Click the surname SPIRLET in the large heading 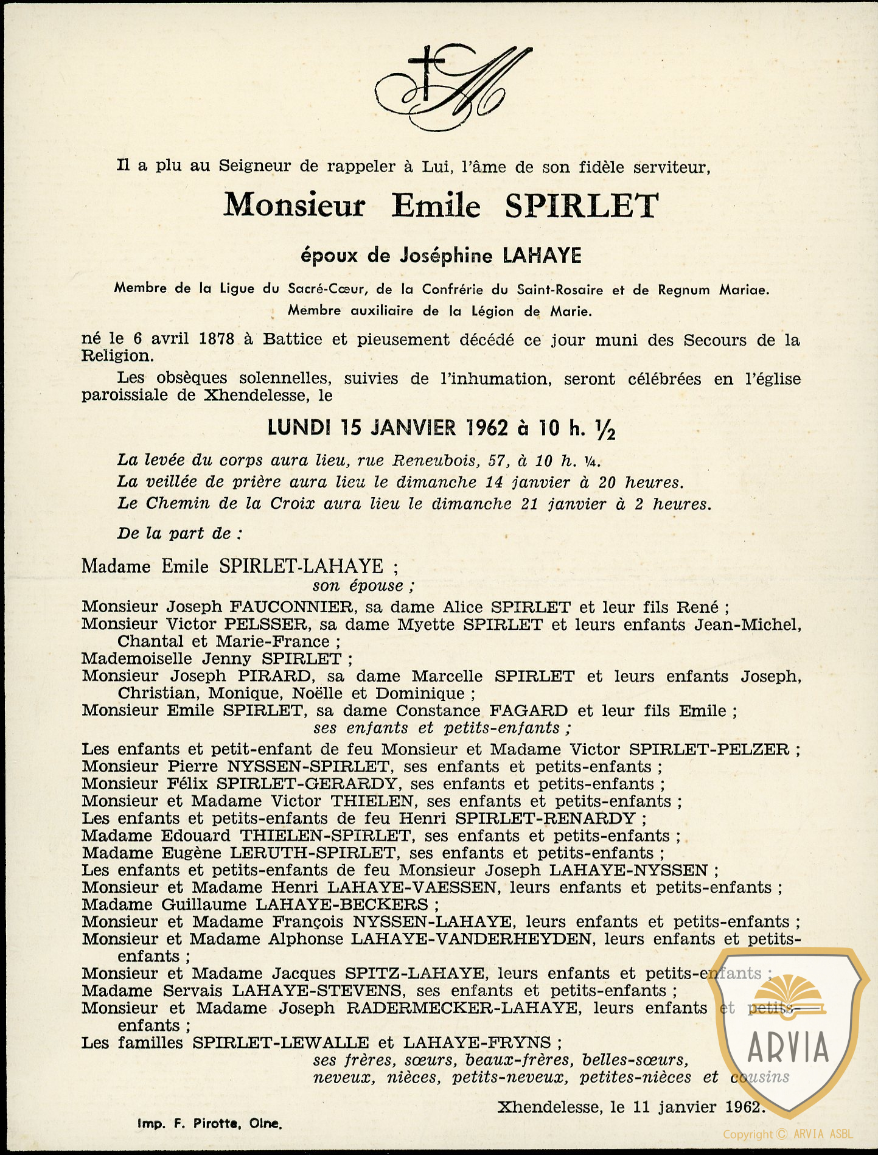point(581,206)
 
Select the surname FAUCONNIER point(291,607)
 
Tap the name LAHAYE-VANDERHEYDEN point(472,939)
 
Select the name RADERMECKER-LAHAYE point(462,1008)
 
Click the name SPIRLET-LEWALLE point(280,1042)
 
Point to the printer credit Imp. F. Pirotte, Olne point(209,1123)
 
